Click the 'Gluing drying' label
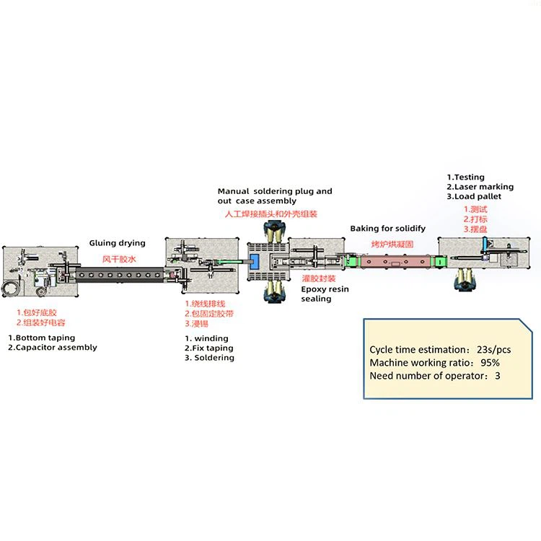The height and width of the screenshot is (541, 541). tap(117, 243)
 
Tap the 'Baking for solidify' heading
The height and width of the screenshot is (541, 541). tap(387, 229)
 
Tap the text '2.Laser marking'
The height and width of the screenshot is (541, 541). tap(480, 187)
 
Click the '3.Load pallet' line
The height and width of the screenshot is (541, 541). tap(475, 197)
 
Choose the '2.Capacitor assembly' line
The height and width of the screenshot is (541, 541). tap(53, 348)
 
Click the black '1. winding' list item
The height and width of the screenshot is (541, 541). tap(206, 338)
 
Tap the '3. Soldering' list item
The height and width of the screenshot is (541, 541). tap(209, 358)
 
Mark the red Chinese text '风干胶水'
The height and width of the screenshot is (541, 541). tap(118, 258)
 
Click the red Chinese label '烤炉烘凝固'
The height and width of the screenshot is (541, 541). tap(392, 245)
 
